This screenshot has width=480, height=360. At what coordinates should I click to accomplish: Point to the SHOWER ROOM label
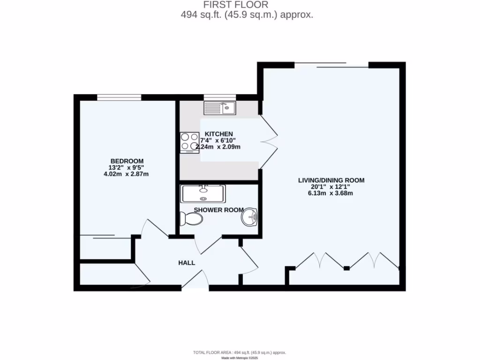point(218,210)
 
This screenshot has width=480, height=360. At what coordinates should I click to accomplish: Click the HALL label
point(187,263)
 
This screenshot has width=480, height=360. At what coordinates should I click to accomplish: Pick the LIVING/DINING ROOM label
point(331,180)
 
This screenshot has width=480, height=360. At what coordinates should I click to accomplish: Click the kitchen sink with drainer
point(219,108)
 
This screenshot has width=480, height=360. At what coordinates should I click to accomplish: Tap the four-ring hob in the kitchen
point(189,142)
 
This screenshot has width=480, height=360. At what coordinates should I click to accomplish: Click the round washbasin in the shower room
point(250,217)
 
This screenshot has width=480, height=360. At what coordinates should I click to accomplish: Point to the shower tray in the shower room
point(203,193)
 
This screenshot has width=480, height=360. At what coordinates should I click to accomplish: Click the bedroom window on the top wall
point(119,97)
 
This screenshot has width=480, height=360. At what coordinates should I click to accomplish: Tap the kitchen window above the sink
point(219,97)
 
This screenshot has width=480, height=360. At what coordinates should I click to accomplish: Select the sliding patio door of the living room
point(331,66)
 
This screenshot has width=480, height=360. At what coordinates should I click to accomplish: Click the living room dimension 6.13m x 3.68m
point(331,193)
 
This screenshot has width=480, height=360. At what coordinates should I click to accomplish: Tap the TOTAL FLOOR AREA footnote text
point(240,352)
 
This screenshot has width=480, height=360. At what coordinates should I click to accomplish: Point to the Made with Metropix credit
point(240,358)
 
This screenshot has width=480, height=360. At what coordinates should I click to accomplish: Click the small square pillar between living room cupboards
point(346,268)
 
